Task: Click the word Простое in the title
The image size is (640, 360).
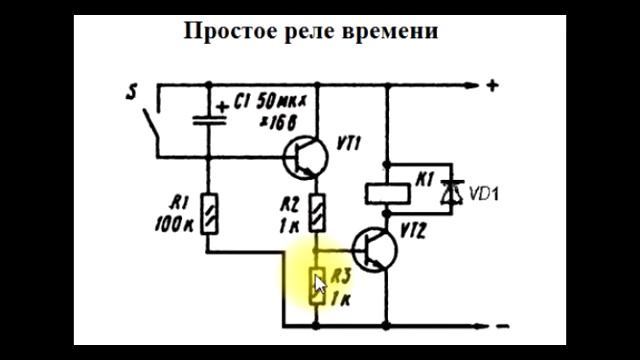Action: [x=225, y=31]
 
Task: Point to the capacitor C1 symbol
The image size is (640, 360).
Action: [x=207, y=117]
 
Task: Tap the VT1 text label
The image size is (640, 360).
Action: [x=351, y=141]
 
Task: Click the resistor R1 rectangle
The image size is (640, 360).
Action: [x=208, y=212]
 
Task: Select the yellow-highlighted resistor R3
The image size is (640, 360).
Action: [x=317, y=287]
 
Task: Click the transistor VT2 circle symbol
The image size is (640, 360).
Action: [x=378, y=250]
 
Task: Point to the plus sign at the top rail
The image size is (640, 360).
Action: [x=492, y=85]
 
